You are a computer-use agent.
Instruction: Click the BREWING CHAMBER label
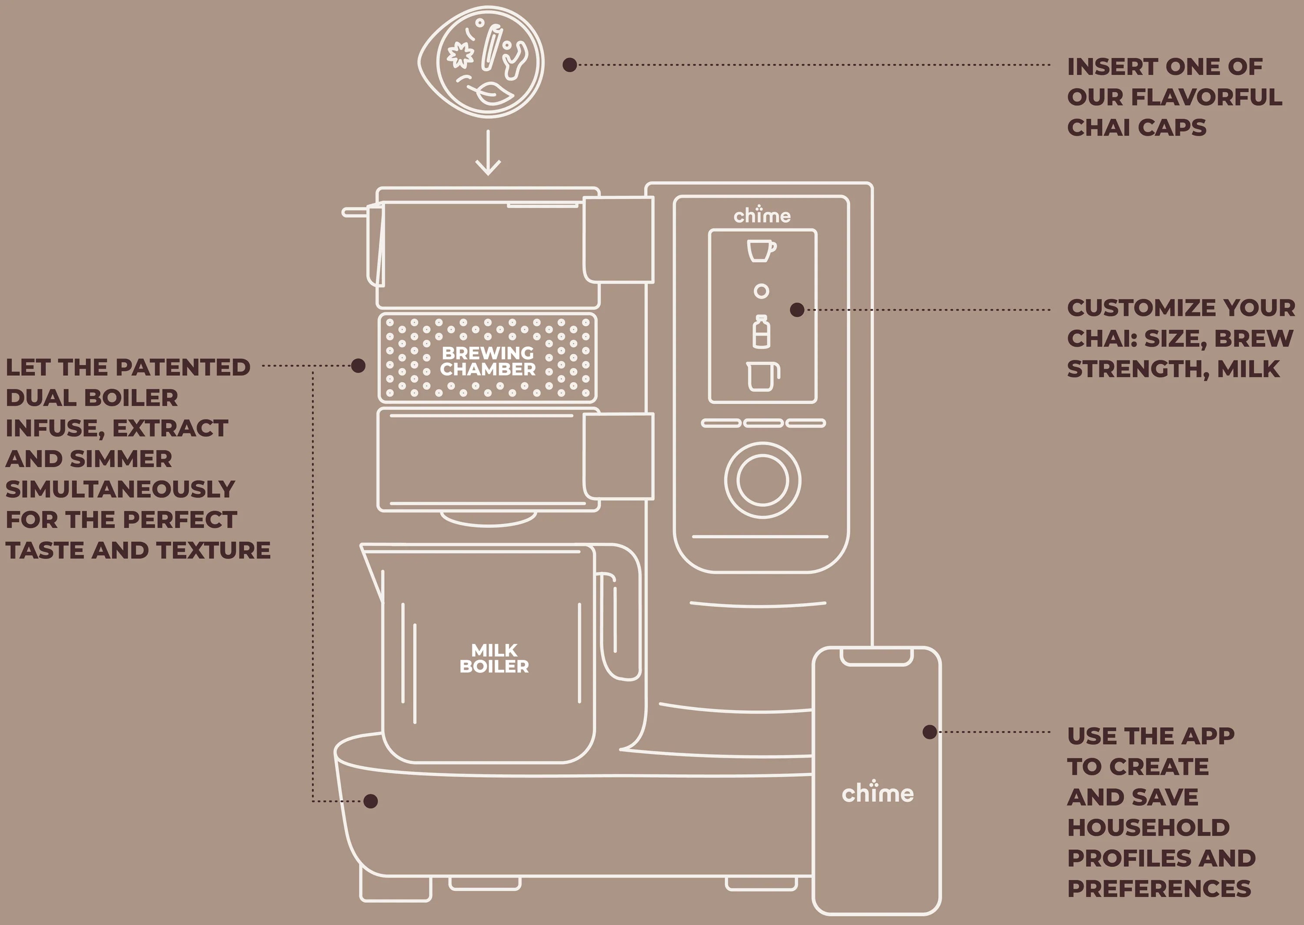(x=488, y=361)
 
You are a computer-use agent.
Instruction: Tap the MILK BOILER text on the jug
(x=494, y=659)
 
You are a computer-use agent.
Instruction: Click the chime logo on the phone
(x=878, y=792)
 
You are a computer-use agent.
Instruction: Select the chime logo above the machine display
(x=762, y=215)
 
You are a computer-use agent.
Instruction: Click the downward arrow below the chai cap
(x=488, y=153)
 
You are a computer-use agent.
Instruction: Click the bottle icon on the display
(x=762, y=332)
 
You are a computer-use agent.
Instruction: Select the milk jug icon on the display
(x=762, y=376)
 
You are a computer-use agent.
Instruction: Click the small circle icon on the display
(x=762, y=291)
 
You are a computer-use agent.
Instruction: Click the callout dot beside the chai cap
(x=569, y=65)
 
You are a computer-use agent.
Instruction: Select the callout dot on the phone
(x=929, y=732)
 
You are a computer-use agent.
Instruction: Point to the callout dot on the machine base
(x=371, y=802)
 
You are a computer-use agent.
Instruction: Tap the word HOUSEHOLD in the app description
(x=1148, y=828)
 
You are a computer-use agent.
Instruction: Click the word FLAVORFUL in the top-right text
(x=1206, y=97)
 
